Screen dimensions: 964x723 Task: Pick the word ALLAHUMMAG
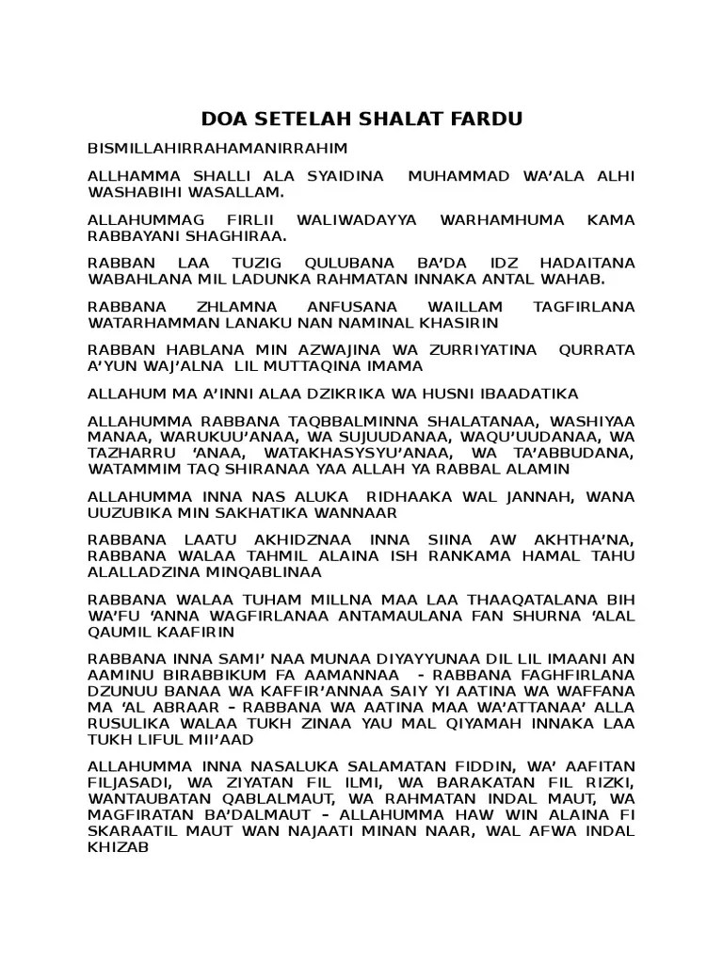[x=134, y=219]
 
